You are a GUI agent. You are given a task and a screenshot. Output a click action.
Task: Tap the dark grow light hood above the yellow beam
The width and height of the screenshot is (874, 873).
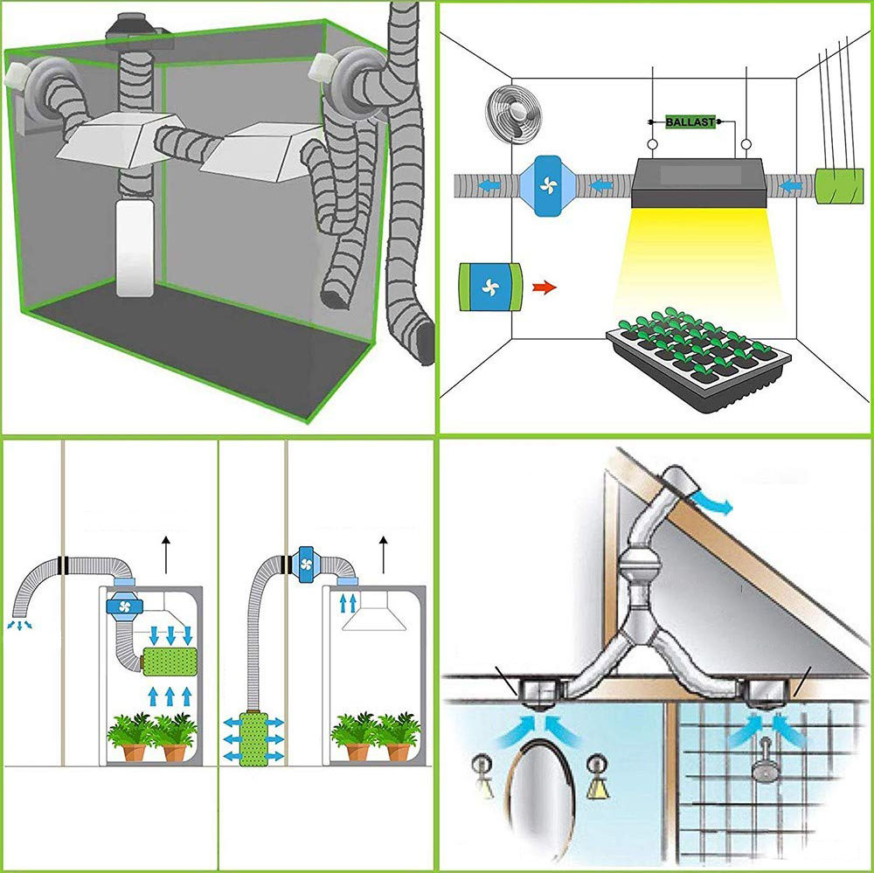pyautogui.click(x=699, y=182)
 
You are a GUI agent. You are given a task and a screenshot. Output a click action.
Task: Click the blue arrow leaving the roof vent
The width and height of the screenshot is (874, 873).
pyautogui.click(x=722, y=502)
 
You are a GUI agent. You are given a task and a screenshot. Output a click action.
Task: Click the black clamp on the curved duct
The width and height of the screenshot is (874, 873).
pyautogui.click(x=59, y=563)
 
